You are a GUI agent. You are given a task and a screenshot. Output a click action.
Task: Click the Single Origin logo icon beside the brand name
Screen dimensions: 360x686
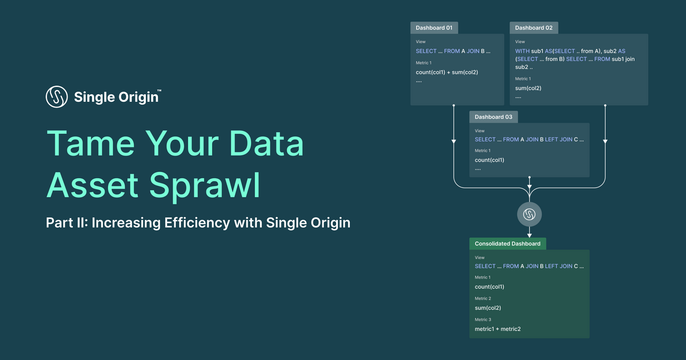57,97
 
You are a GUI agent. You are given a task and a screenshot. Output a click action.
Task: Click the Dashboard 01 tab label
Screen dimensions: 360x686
434,27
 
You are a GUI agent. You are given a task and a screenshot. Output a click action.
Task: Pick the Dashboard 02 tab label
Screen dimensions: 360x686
533,27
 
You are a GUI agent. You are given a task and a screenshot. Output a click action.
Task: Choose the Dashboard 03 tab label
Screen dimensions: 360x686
493,117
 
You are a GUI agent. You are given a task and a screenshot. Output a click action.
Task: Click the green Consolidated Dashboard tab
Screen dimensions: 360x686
508,243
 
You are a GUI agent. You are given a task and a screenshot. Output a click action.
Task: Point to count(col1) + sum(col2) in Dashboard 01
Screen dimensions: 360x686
446,72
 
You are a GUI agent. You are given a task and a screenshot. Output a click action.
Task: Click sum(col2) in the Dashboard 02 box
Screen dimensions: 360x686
528,88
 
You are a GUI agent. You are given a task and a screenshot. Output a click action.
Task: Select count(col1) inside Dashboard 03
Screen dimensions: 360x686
489,160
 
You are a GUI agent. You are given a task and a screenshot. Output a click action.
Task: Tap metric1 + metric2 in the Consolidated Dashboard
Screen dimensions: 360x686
497,329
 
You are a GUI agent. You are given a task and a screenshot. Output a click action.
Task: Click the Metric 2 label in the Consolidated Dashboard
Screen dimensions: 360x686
482,298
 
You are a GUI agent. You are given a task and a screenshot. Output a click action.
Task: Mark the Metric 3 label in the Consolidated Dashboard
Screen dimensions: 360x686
482,319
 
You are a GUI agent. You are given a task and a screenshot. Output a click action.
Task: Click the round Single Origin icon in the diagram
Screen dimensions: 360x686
529,214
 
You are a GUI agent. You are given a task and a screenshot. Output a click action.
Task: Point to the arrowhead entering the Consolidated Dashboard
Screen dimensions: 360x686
529,235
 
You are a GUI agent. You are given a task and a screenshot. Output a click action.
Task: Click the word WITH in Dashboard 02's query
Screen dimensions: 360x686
522,51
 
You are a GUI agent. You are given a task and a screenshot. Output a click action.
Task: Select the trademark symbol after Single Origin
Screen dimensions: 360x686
159,90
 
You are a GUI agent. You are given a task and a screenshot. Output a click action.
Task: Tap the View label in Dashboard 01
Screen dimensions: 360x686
420,42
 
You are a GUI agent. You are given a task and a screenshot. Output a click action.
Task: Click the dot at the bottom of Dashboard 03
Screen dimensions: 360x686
529,177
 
